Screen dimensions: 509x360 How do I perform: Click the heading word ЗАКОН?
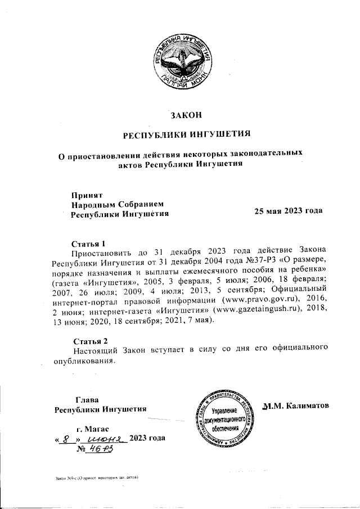coord(186,116)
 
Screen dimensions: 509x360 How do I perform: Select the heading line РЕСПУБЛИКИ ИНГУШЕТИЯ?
coord(186,134)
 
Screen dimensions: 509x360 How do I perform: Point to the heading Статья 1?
coord(89,244)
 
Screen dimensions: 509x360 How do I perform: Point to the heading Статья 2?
coord(90,340)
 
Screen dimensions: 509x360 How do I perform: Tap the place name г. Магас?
coord(82,429)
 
